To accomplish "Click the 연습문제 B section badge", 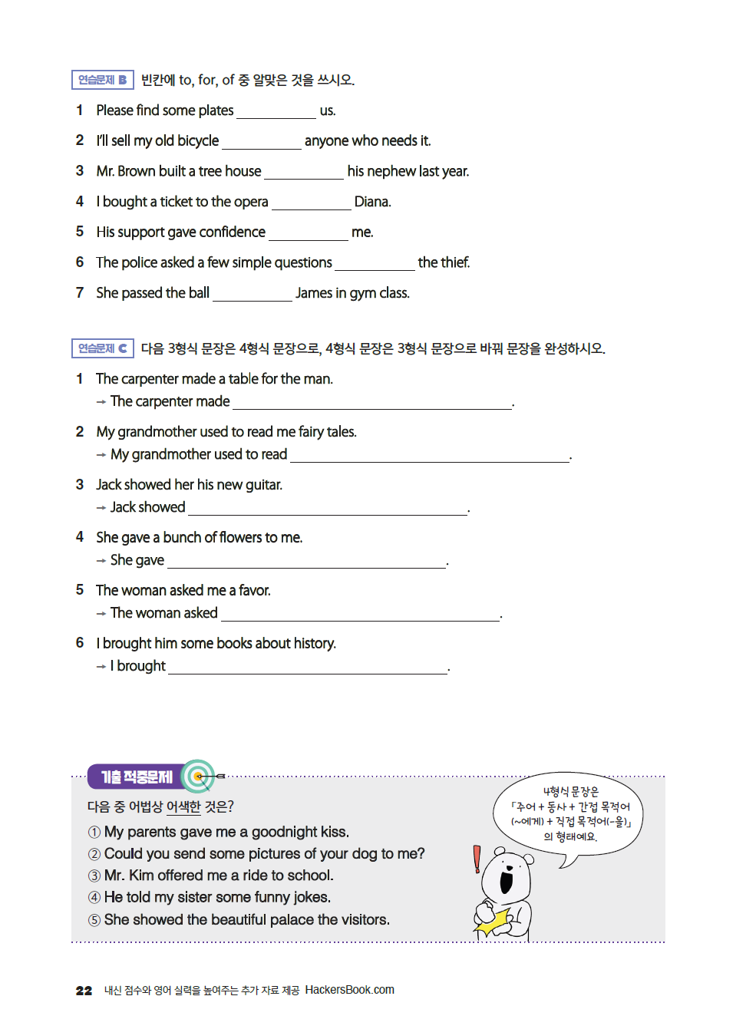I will click(102, 80).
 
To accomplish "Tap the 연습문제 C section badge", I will click(102, 348).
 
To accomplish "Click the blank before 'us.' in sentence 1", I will click(276, 112).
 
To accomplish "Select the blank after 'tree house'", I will click(304, 173).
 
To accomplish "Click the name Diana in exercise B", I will click(372, 202).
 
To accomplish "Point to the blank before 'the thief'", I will click(375, 264).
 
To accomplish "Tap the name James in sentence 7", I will click(314, 293).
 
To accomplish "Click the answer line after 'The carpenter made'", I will click(372, 403).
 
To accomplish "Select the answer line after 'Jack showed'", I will click(328, 509).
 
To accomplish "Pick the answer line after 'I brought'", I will click(308, 668).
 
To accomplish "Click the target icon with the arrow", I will click(200, 777).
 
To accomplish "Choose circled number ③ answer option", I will click(94, 876).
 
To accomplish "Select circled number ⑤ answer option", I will click(94, 920).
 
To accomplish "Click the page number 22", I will click(84, 991).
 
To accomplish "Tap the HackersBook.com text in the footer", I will click(349, 990).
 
